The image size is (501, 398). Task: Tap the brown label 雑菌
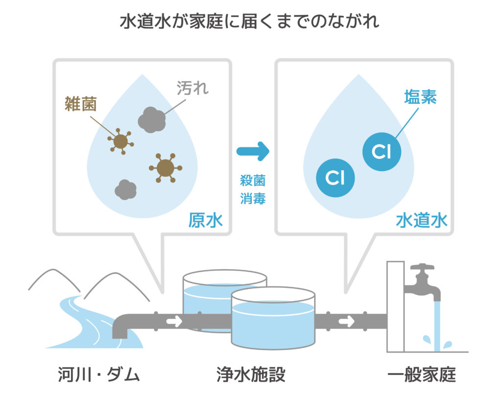tap(81, 103)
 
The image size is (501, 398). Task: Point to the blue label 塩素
tap(420, 96)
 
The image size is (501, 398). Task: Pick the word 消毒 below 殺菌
tap(252, 198)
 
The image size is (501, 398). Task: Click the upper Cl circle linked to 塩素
tap(382, 152)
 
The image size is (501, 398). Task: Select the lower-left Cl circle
tap(336, 178)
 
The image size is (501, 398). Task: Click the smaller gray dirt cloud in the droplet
tap(125, 189)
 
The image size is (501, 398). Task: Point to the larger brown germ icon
tap(165, 167)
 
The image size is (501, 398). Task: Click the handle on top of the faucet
tap(422, 268)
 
